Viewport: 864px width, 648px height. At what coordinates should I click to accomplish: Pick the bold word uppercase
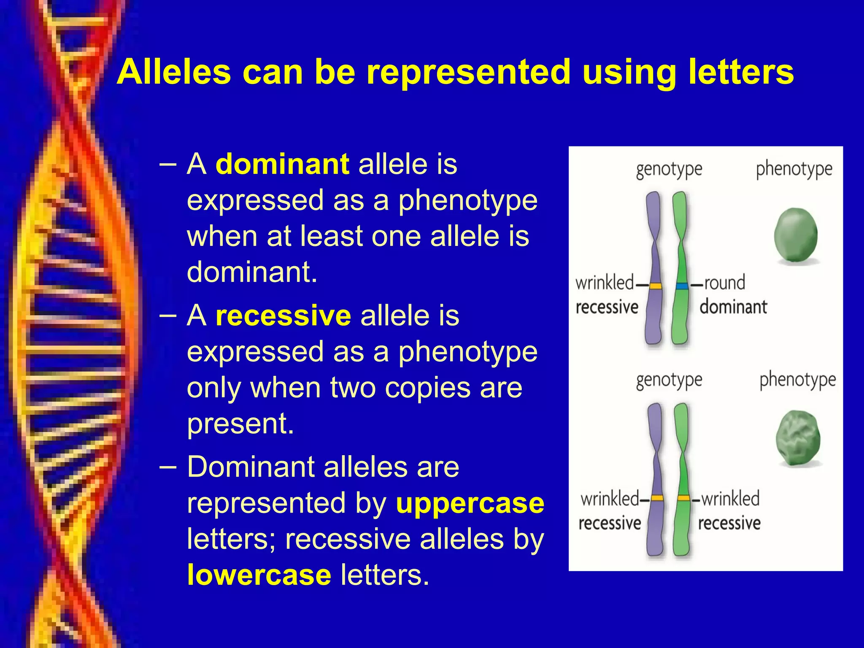coord(470,503)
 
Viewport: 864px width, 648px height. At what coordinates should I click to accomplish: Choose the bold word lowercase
coord(259,575)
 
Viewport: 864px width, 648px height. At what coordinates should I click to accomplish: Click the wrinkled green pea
coord(798,439)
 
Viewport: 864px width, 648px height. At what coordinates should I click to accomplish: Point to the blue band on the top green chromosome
coord(681,286)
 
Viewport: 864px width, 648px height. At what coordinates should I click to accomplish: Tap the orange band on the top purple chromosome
coord(655,286)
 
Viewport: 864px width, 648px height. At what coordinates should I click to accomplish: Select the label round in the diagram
coord(724,283)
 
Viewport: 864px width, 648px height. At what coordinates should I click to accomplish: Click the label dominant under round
coord(733,307)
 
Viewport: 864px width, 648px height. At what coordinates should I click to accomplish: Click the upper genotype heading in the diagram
coord(669,170)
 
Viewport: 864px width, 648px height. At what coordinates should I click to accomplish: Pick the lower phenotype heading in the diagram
coord(797,380)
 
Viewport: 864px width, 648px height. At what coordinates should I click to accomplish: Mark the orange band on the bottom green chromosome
coord(683,498)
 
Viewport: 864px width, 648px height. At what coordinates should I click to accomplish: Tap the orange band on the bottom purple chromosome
coord(657,498)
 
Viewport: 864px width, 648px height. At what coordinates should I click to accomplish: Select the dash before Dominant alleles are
coord(168,467)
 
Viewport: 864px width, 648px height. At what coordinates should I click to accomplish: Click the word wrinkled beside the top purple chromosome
coord(605,283)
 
